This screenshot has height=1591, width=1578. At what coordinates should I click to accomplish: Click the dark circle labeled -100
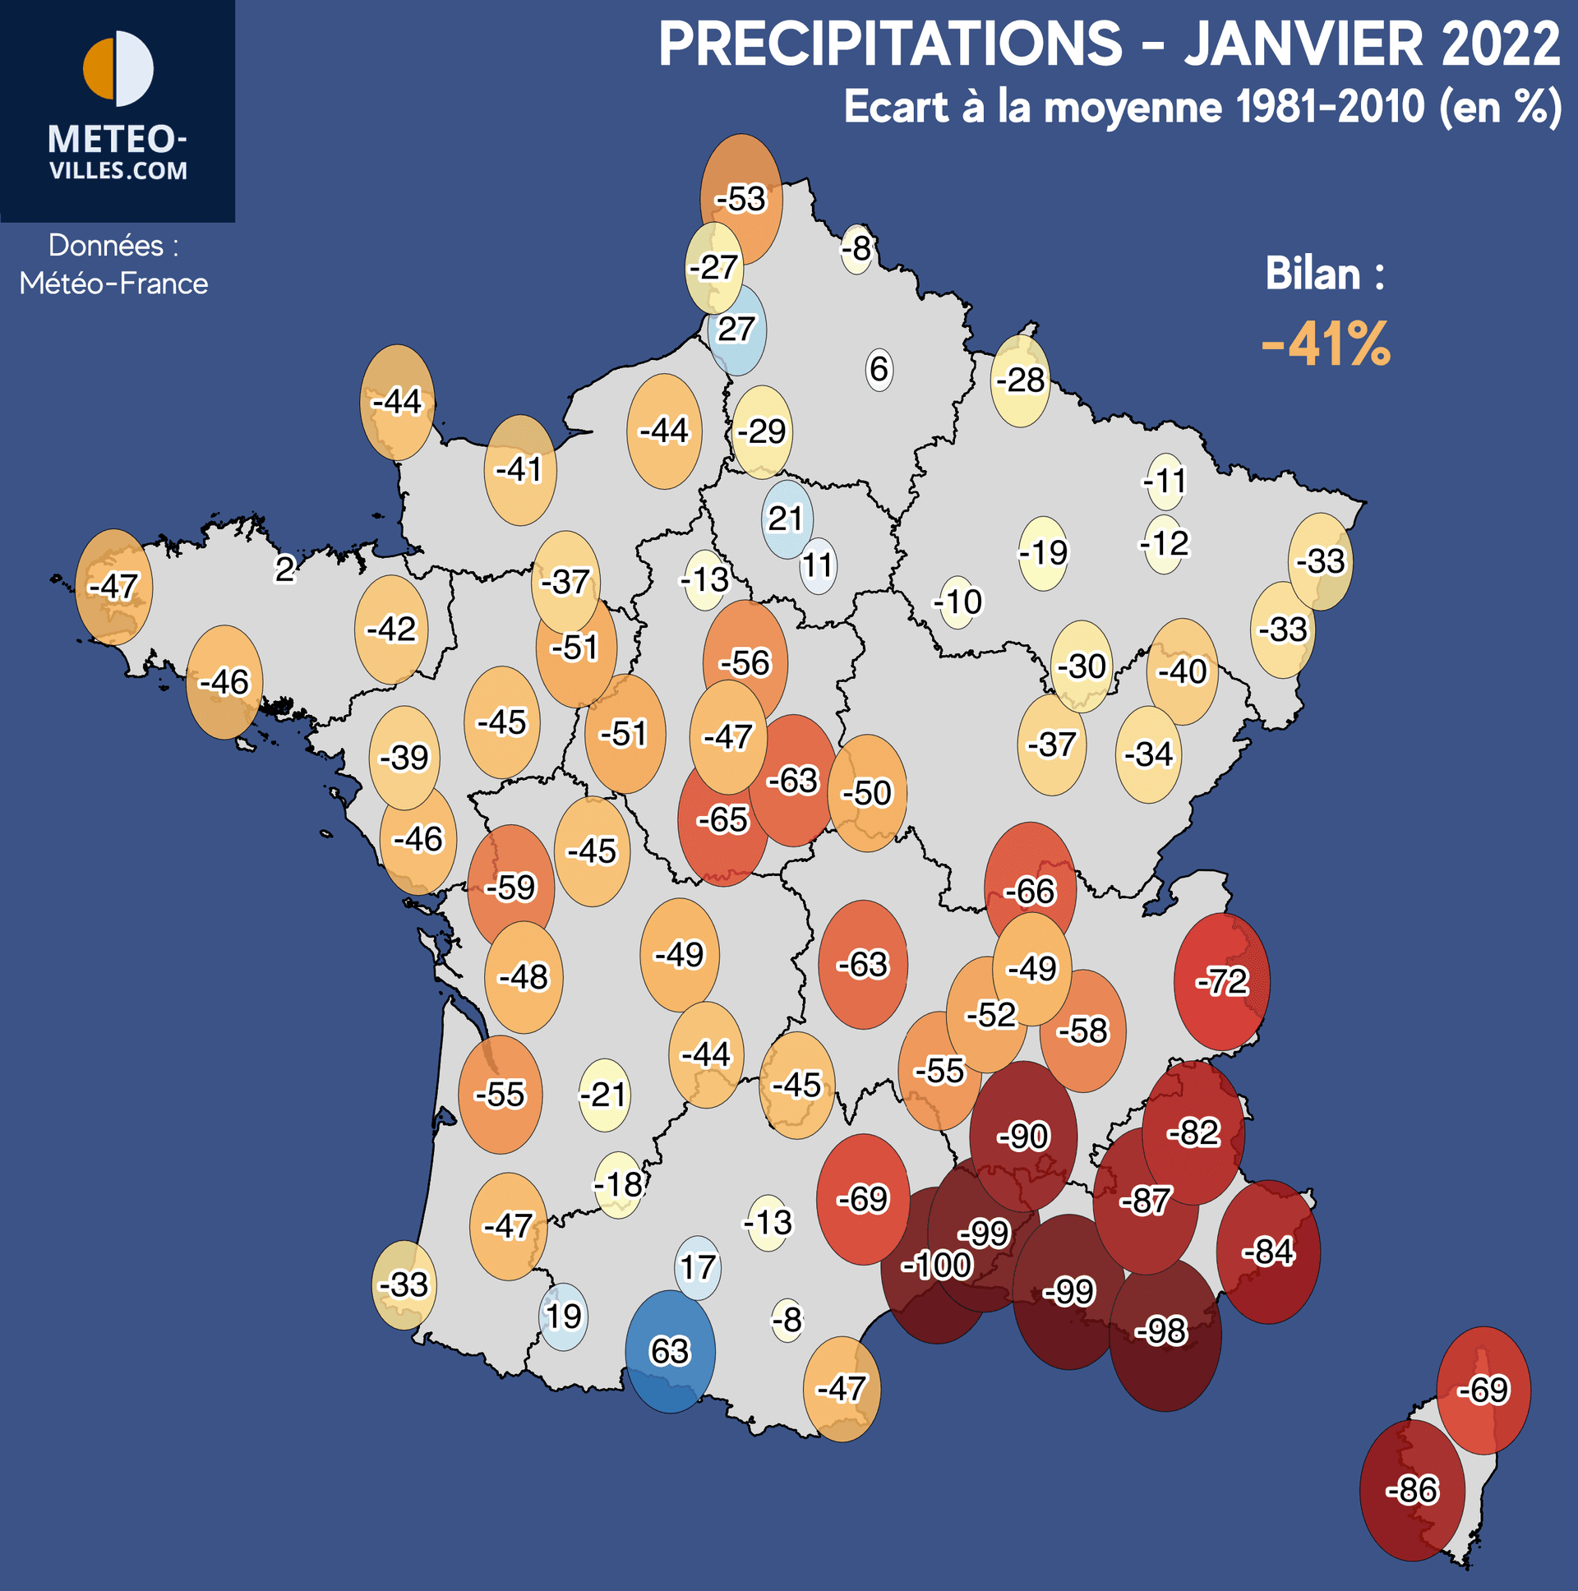click(x=934, y=1266)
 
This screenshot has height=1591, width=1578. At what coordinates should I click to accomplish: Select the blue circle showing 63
click(x=670, y=1351)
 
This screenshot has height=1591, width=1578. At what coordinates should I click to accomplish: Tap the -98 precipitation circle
click(x=1165, y=1331)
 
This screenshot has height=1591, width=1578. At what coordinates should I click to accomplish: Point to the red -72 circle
click(x=1222, y=981)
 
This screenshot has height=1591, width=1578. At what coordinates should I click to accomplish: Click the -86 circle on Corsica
click(x=1412, y=1490)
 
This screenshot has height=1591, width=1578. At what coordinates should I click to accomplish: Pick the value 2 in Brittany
click(x=285, y=569)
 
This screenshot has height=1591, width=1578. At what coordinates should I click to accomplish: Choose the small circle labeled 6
click(x=879, y=369)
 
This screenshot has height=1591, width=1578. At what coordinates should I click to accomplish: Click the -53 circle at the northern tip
click(x=741, y=198)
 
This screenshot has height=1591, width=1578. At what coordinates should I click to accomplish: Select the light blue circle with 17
click(x=698, y=1267)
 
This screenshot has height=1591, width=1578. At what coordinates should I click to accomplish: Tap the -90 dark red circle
click(x=1023, y=1137)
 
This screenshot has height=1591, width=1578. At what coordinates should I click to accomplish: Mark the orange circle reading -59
click(x=510, y=887)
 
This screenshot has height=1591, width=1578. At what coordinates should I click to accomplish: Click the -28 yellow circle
click(x=1021, y=380)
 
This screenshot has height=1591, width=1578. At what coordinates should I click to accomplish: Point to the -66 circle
click(x=1030, y=891)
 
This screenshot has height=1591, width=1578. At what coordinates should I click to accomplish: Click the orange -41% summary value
click(x=1326, y=344)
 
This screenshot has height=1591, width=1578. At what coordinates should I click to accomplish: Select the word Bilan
click(x=1313, y=274)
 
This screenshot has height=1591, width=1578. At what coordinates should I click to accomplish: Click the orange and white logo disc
click(x=118, y=69)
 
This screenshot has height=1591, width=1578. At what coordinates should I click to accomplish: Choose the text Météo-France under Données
click(x=113, y=284)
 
